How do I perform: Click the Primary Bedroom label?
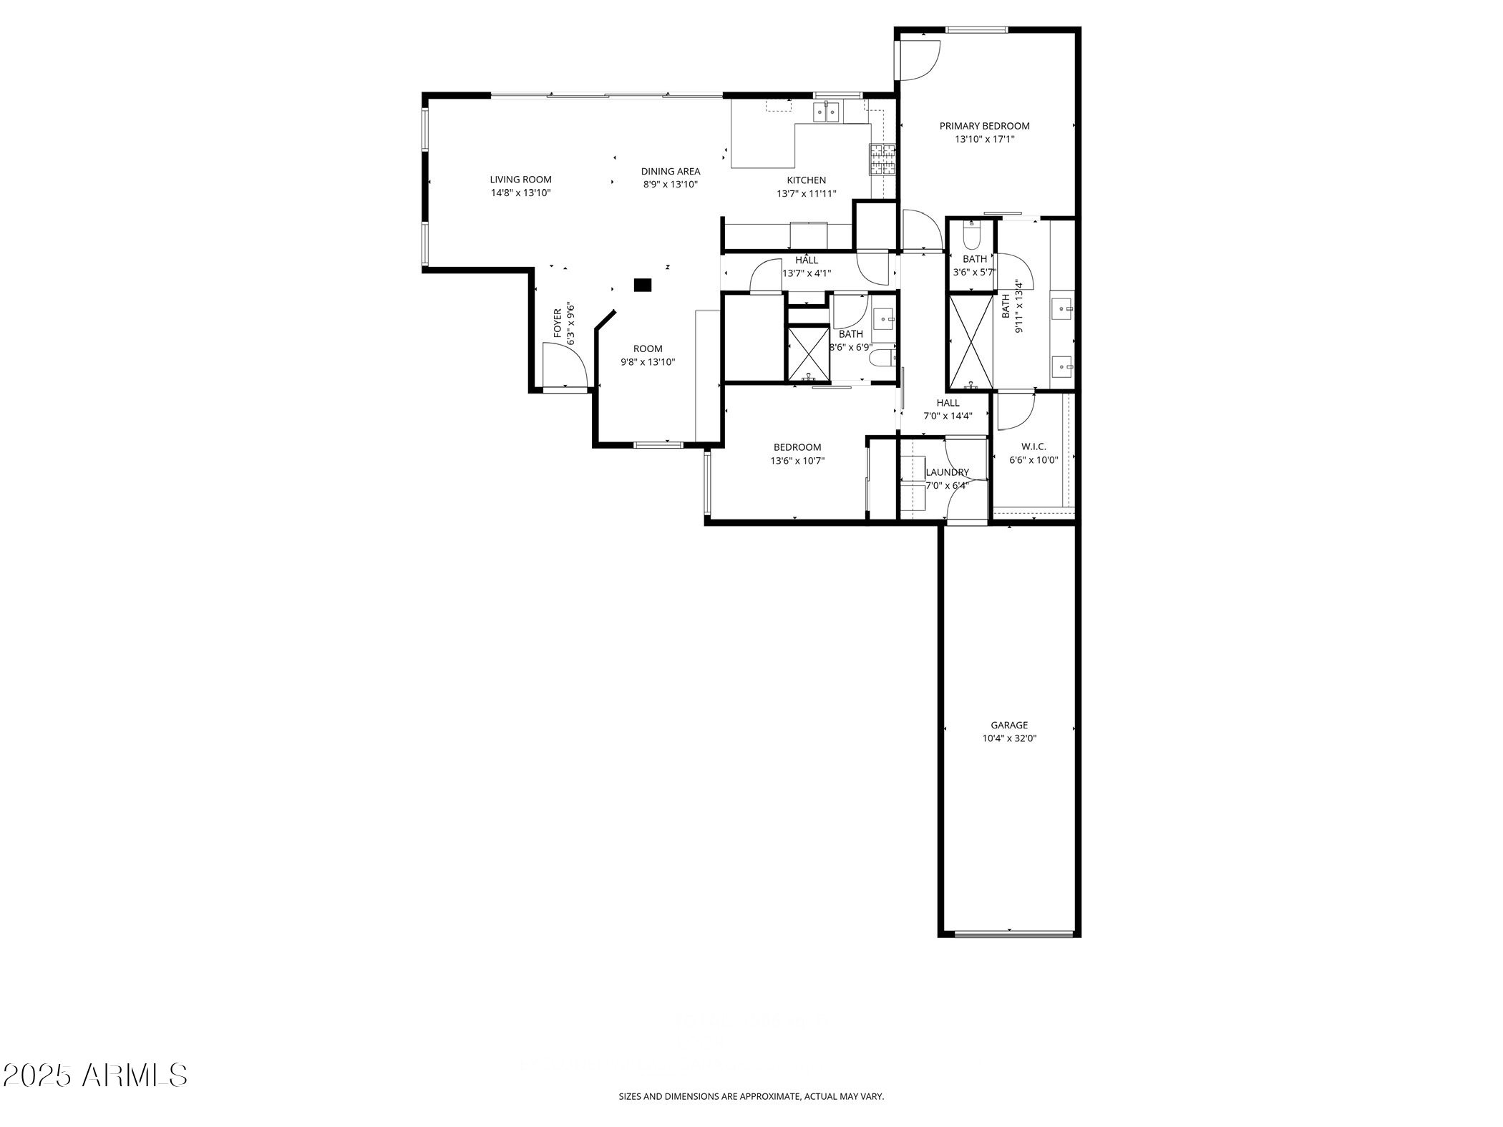pos(984,126)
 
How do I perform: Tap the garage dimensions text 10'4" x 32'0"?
pos(1009,738)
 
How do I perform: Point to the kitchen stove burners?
pos(882,160)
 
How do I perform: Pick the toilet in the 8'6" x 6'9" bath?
pos(882,357)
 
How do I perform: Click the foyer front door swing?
pos(565,366)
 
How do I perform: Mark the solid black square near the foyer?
pos(643,285)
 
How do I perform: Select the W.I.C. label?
pos(1033,447)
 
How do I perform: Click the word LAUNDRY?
pos(947,472)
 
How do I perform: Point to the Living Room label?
pos(520,180)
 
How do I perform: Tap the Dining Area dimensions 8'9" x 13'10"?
pos(670,185)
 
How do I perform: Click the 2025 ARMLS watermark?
pos(95,1075)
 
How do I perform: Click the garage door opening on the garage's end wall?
pos(1013,934)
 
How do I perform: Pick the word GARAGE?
pos(1009,725)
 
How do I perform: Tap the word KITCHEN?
pos(807,180)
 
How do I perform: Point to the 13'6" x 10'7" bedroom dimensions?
pos(797,461)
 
